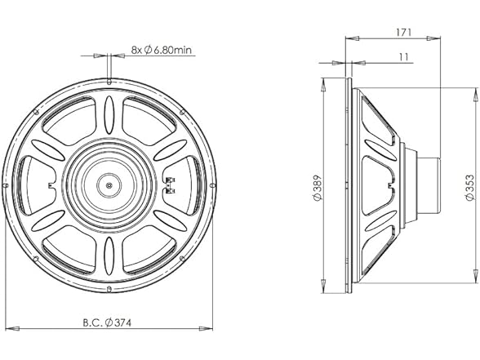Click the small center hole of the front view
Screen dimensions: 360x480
point(110,184)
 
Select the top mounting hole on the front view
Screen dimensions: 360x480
point(110,81)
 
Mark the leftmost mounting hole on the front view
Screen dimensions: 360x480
point(7,184)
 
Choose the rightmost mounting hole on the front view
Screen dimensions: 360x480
point(213,184)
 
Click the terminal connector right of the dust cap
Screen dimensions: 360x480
point(171,184)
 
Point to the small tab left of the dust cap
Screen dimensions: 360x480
point(51,184)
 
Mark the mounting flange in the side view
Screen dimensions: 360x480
point(350,184)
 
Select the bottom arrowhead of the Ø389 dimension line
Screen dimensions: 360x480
point(325,287)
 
